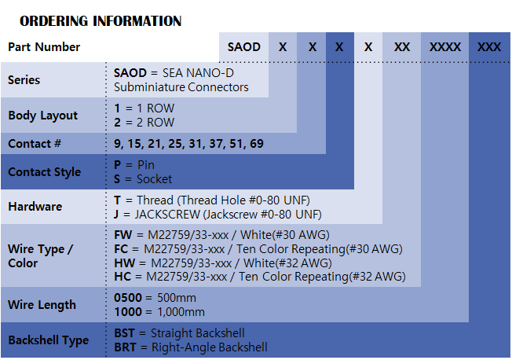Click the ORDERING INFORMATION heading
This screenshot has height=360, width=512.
click(101, 21)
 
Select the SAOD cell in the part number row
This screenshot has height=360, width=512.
click(243, 47)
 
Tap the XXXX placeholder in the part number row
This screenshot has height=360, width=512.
click(445, 47)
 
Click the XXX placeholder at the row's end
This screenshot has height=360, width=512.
click(489, 47)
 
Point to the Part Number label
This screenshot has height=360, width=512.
click(44, 47)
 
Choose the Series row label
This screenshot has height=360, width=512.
click(24, 80)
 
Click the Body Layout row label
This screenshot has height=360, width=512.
click(43, 116)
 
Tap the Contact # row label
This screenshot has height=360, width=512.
click(35, 144)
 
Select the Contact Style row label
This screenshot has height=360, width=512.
click(45, 172)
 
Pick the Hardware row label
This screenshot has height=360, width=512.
click(35, 207)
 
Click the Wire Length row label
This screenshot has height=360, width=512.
click(42, 305)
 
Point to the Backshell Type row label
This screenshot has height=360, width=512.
click(49, 340)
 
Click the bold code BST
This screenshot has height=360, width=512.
click(126, 333)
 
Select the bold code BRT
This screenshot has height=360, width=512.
click(126, 347)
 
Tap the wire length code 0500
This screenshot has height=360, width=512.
click(128, 298)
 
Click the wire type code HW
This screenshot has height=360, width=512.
click(123, 263)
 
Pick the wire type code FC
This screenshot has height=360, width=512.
click(122, 248)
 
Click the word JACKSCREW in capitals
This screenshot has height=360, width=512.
click(162, 214)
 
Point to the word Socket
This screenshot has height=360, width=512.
click(154, 179)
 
